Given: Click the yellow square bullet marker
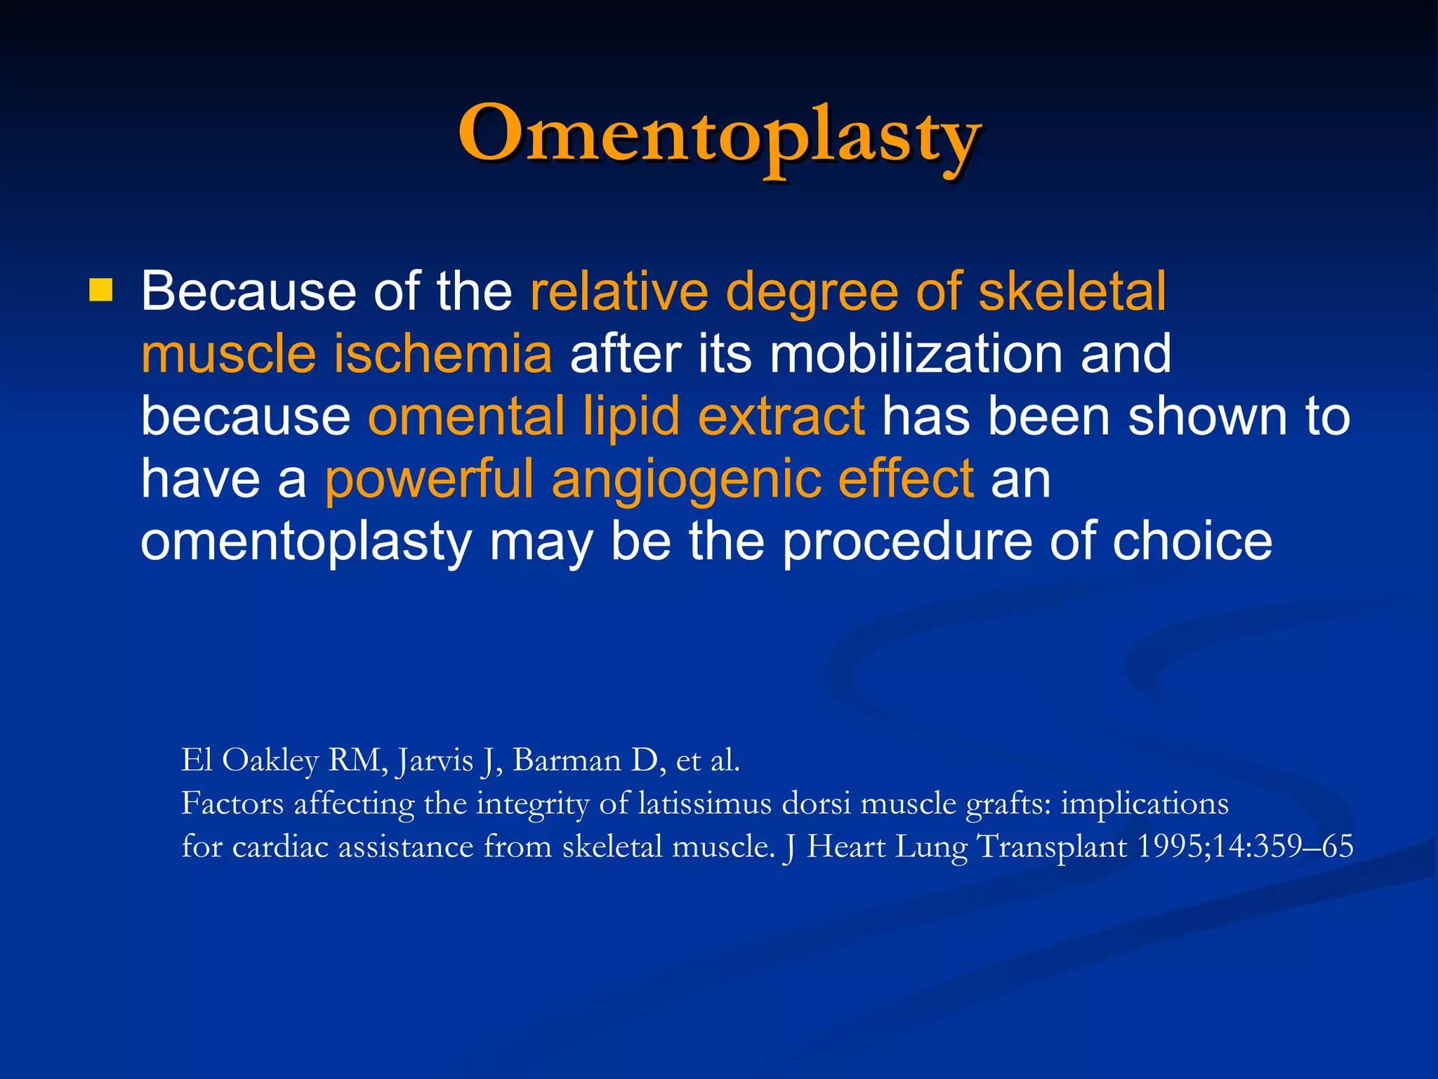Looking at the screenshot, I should [x=101, y=289].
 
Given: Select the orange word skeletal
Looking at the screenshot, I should [x=1072, y=291].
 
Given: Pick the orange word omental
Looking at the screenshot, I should [x=466, y=416].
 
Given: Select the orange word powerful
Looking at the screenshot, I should [x=429, y=479].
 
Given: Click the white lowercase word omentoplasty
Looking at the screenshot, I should [x=307, y=543].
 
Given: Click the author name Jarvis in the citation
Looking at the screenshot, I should [x=435, y=761].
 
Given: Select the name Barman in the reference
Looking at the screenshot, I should [x=567, y=760].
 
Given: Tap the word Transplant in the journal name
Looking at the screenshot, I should [x=1052, y=847].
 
